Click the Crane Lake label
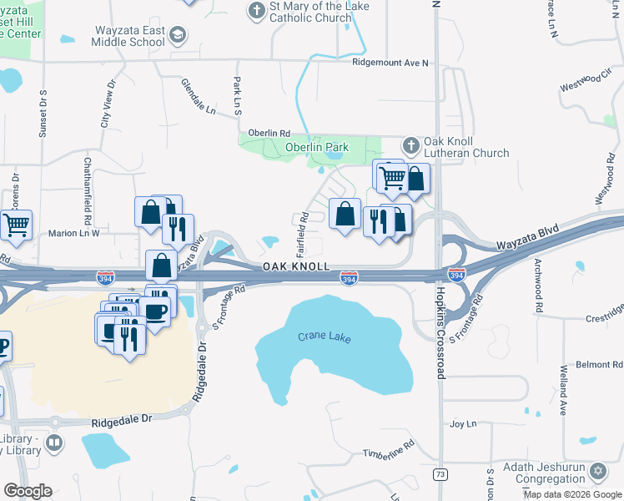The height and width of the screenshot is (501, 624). (x=325, y=337)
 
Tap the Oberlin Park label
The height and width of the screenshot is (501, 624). (x=317, y=148)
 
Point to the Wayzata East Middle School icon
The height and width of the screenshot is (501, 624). (x=177, y=35)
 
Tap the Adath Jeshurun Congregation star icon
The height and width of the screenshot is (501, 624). (x=596, y=473)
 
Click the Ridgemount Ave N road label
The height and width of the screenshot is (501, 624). (x=390, y=63)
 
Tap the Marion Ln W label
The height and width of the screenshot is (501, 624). (x=73, y=233)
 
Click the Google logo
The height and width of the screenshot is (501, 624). (x=28, y=491)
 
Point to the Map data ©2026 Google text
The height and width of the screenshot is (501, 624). (x=572, y=494)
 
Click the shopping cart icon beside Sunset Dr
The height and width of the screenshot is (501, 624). (x=17, y=224)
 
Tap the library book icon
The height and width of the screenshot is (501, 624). (x=54, y=443)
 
